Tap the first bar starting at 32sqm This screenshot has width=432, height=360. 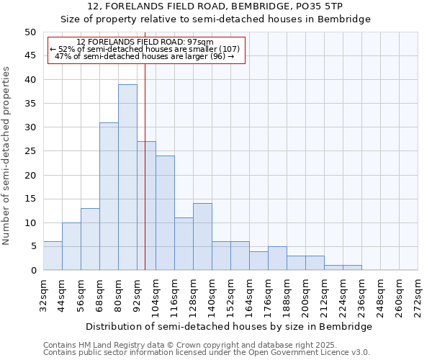(53, 256)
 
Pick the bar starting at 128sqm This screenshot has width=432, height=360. (202, 237)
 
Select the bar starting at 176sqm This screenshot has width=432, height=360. (277, 258)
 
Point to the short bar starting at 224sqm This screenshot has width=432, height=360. (352, 268)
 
